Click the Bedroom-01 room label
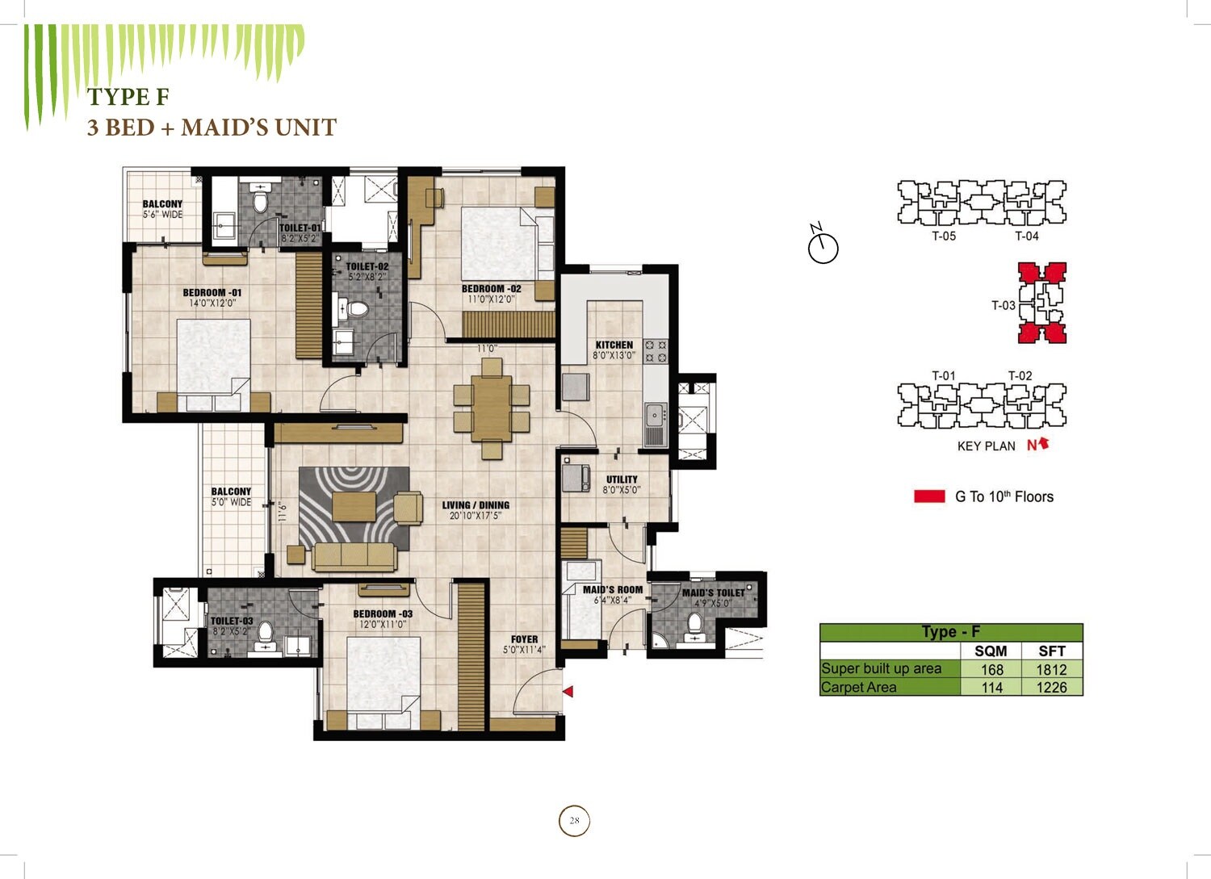pos(212,293)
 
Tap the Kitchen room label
pos(614,345)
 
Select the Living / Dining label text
pos(476,506)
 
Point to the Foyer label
pos(524,639)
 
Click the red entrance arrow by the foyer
pos(568,692)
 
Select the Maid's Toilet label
pos(713,593)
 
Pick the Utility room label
pos(622,479)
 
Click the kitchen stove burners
pos(656,351)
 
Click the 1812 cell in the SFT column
pos(1051,669)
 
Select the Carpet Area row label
pos(858,688)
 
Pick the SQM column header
pos(991,651)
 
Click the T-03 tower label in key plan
pos(1003,305)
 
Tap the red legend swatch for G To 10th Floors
pos(929,496)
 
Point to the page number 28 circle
pos(574,821)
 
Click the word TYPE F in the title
pos(128,97)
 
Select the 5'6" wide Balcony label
pos(162,209)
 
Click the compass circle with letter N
pos(823,247)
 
